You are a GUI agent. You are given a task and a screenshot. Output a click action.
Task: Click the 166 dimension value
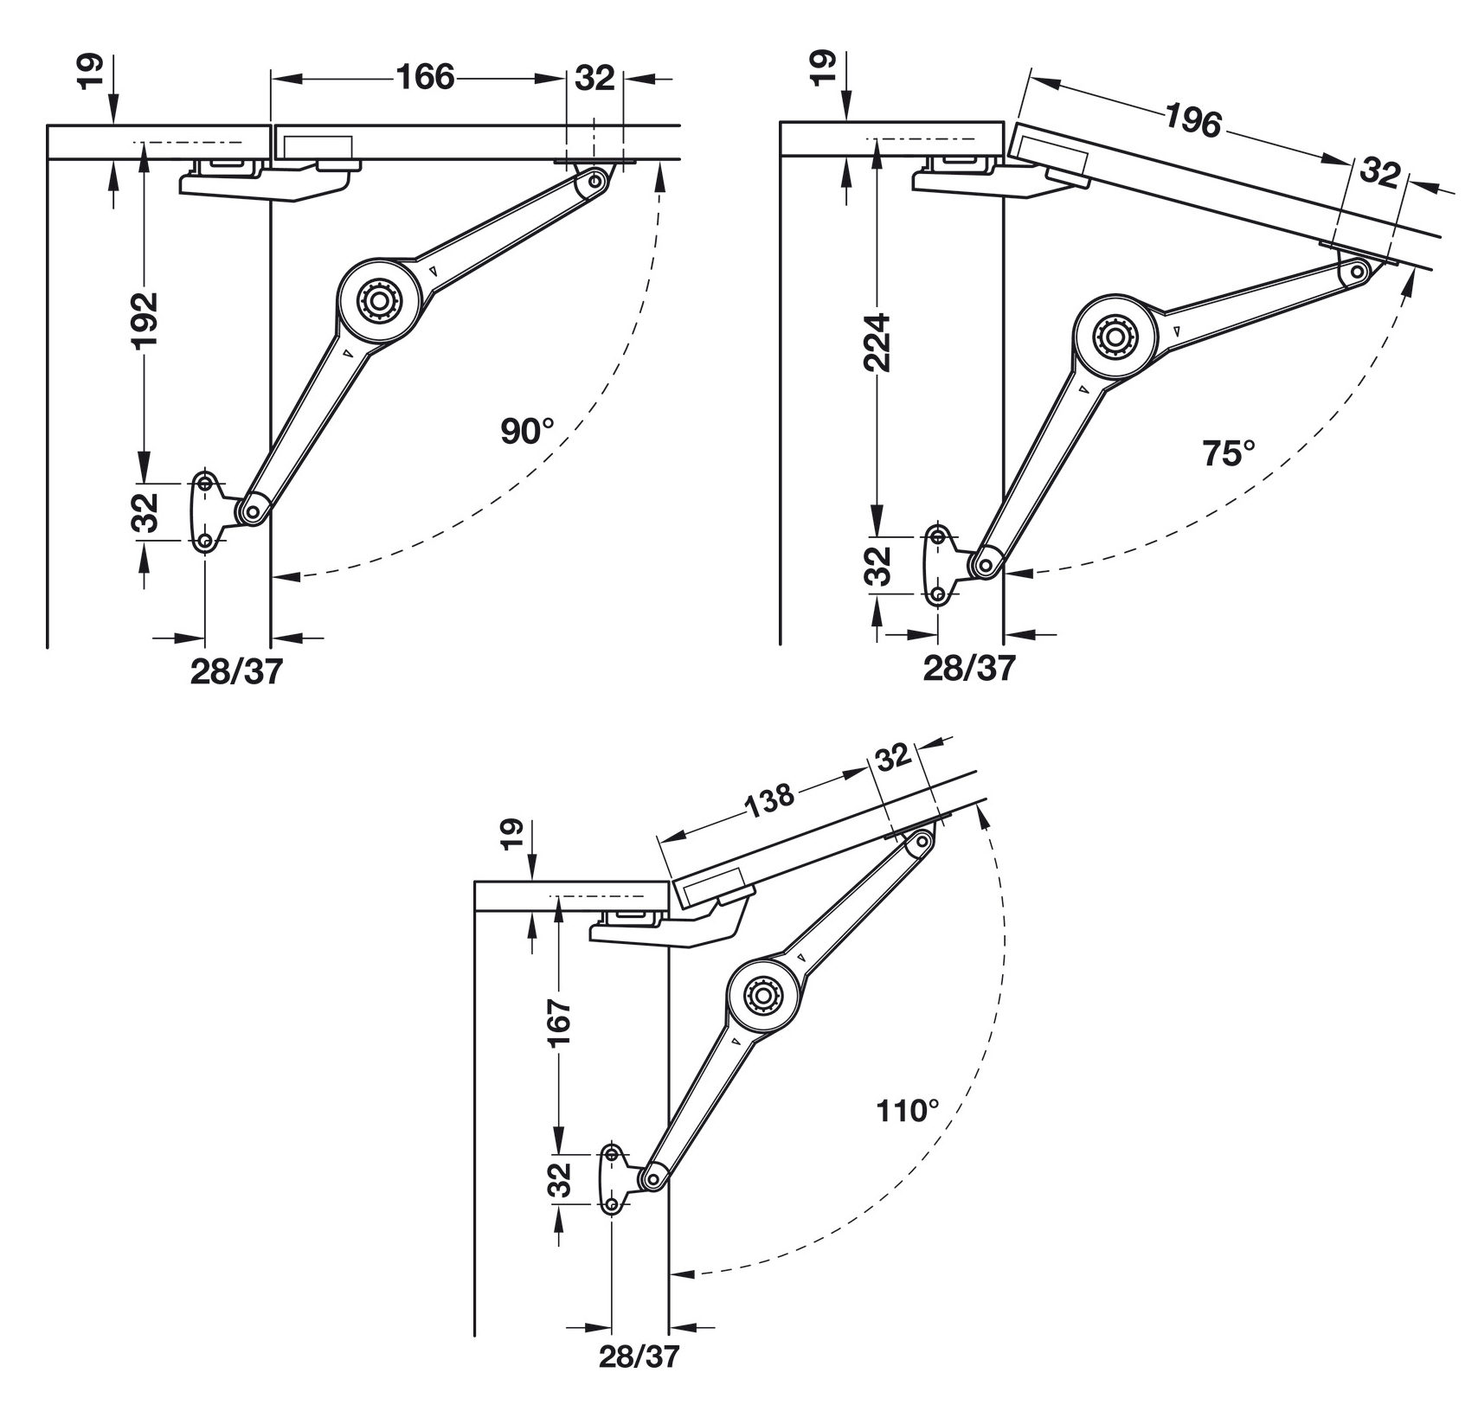tap(425, 78)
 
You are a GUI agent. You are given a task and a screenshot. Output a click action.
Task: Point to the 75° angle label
tap(1228, 452)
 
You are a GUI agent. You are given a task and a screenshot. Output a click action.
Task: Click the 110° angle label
tap(908, 1110)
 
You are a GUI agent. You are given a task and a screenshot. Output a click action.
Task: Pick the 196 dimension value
tap(1192, 120)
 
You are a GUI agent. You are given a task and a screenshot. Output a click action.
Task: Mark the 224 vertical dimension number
tap(878, 343)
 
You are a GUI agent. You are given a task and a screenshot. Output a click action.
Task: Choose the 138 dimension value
tap(768, 800)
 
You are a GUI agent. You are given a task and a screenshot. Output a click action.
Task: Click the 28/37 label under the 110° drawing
tap(639, 1356)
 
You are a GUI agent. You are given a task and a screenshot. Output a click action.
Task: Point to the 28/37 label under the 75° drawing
tap(968, 668)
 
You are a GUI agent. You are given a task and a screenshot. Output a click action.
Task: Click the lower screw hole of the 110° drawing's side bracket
tap(613, 1204)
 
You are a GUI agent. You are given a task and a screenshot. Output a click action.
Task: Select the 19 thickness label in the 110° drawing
tap(511, 836)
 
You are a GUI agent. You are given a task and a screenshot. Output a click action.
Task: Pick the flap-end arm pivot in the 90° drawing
tap(596, 182)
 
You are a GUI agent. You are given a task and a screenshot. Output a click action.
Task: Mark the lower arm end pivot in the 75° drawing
tap(985, 565)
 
